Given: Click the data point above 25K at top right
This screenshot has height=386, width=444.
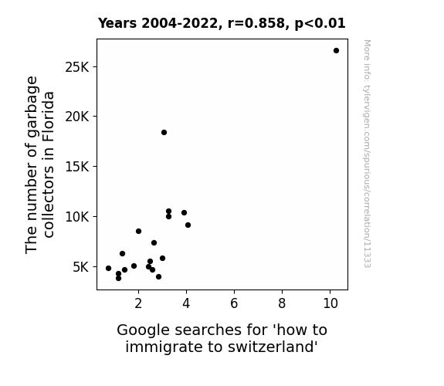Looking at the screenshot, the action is tap(336, 51).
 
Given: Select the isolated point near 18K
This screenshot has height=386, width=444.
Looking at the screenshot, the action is tap(164, 132).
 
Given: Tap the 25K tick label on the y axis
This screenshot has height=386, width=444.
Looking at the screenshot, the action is tap(76, 67).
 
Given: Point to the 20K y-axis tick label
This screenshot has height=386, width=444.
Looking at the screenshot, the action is tap(76, 117).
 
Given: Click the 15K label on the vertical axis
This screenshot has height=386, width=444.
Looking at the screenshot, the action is tap(76, 167).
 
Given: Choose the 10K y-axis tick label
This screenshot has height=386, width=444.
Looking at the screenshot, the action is tap(76, 217).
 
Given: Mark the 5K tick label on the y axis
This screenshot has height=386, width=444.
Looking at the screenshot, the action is tap(81, 267).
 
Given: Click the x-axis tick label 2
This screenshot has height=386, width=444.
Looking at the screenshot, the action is tap(138, 303).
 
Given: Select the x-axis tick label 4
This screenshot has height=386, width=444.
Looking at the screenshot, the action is tap(186, 303).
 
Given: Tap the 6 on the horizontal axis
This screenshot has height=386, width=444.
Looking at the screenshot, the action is tap(234, 303).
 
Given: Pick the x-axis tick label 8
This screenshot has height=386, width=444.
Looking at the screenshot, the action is tap(282, 303).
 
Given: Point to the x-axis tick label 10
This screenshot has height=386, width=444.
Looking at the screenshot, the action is tap(330, 303).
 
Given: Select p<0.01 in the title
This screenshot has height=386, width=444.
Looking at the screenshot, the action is tap(320, 24).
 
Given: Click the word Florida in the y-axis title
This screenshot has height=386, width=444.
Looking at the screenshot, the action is tap(49, 117).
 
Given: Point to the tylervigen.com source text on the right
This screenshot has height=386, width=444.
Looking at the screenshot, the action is tap(367, 153).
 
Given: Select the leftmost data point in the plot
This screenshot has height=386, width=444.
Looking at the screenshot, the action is tap(108, 268).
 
